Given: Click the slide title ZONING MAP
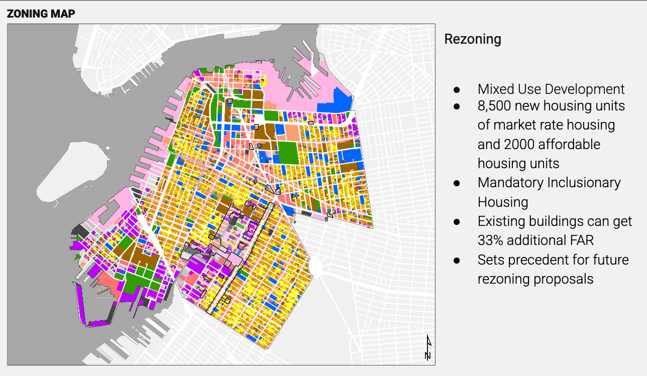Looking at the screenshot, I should click(x=41, y=14).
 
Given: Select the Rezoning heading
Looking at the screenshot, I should click(x=473, y=39).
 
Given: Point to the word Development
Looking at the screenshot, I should click(x=585, y=89).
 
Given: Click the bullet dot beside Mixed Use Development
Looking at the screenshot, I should click(x=457, y=89).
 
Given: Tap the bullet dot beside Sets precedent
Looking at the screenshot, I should click(x=457, y=261).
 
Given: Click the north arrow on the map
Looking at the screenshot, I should click(x=427, y=347).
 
